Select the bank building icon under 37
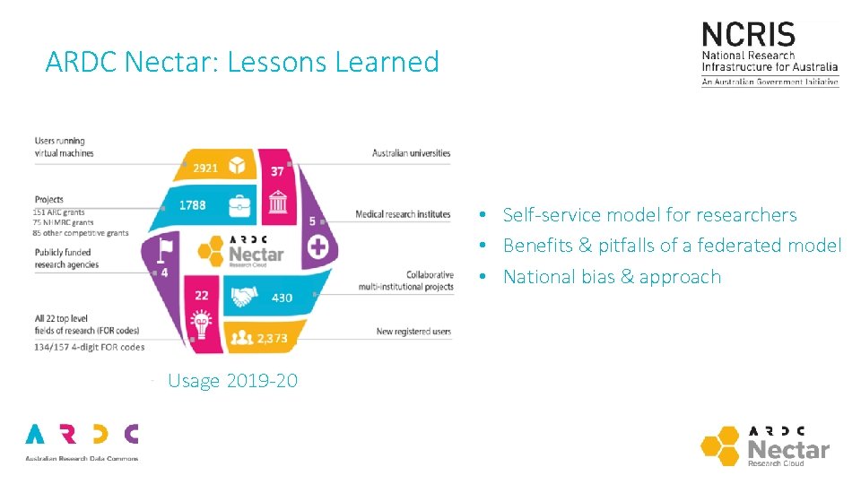(278, 203)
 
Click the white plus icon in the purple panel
(318, 247)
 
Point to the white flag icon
(164, 248)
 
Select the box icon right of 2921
(237, 166)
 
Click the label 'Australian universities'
(411, 153)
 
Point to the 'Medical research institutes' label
(403, 214)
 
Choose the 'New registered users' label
(413, 333)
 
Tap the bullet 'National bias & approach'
(612, 276)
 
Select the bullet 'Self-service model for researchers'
(649, 214)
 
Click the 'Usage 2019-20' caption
(232, 381)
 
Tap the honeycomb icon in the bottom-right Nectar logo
(722, 445)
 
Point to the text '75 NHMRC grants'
(63, 222)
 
